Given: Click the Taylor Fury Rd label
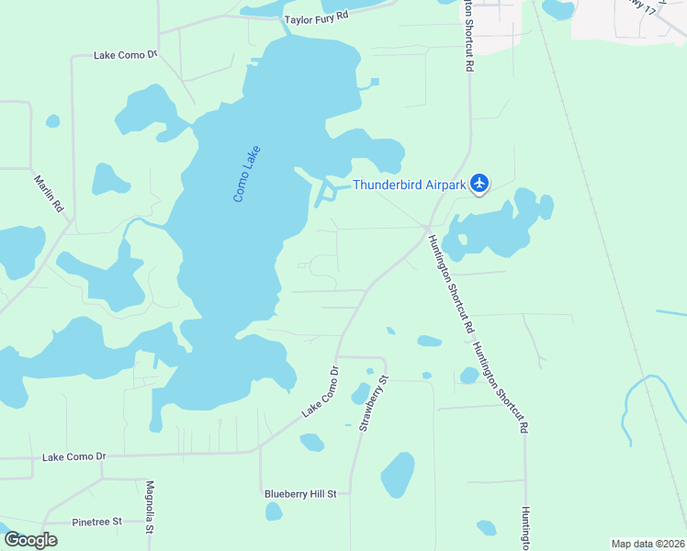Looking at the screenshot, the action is tap(317, 17).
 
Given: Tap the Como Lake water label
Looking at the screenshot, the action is tap(247, 174).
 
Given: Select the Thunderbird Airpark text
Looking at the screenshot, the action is tap(410, 185).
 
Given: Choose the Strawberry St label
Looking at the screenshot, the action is tap(375, 402).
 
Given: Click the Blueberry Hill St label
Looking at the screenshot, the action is tap(300, 494).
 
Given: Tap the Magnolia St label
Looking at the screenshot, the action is tap(150, 507).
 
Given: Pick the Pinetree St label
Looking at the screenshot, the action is tap(96, 522).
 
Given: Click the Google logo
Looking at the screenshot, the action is tap(30, 540).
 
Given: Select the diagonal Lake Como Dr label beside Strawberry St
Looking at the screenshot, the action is tap(321, 392).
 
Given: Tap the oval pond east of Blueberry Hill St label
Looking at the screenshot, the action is tap(398, 475).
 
